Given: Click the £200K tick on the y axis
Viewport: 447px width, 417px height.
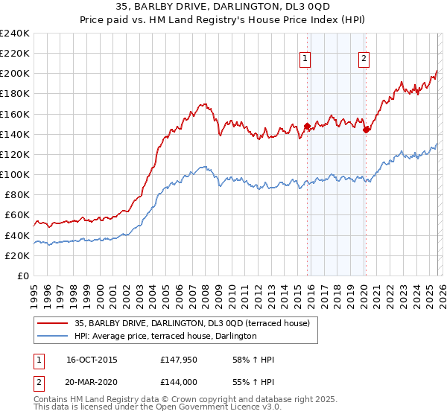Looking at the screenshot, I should pyautogui.click(x=15, y=74).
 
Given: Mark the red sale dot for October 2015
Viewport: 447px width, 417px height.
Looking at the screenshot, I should pyautogui.click(x=307, y=127).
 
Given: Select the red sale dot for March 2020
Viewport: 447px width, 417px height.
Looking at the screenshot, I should pyautogui.click(x=366, y=129).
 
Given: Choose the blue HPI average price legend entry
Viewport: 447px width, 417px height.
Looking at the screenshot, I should pyautogui.click(x=165, y=337).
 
